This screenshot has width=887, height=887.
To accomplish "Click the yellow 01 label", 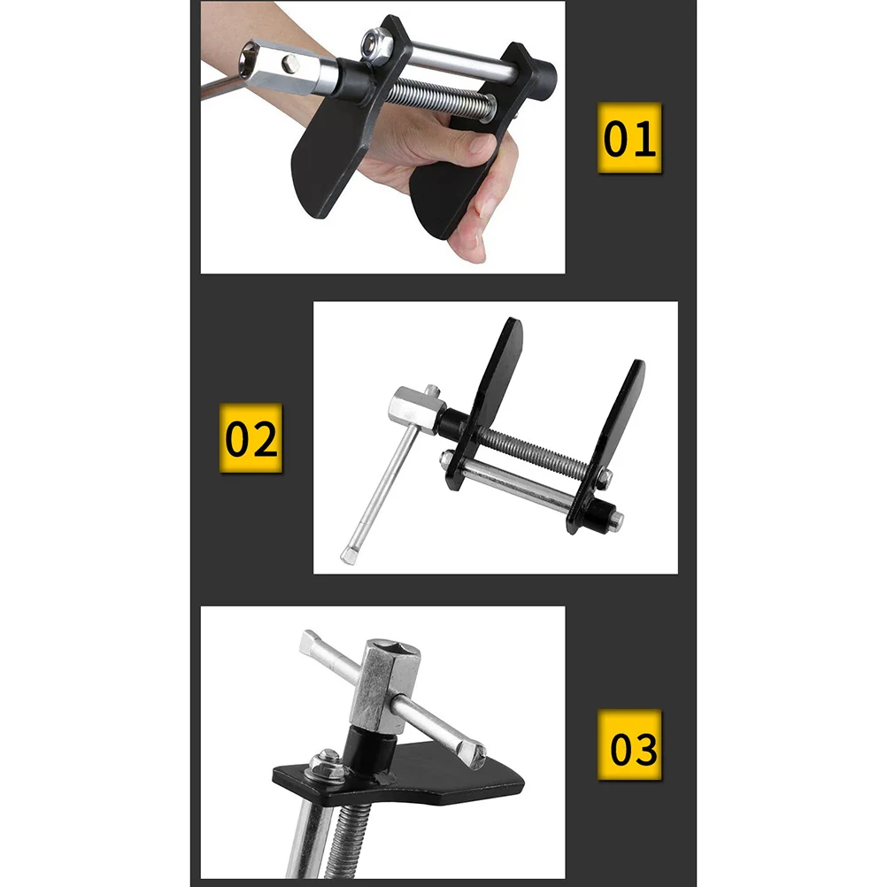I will tap(629, 138).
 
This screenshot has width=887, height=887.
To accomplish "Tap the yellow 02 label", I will tap(251, 439).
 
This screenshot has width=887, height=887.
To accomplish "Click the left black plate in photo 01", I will tap(328, 168).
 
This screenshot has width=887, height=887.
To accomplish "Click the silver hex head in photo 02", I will tap(412, 410).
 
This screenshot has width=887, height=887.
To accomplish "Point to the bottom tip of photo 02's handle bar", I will tap(349, 556).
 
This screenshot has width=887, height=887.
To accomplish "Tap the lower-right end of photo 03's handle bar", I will tap(474, 755).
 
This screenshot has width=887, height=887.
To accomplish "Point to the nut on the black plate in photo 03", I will tap(327, 761).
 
